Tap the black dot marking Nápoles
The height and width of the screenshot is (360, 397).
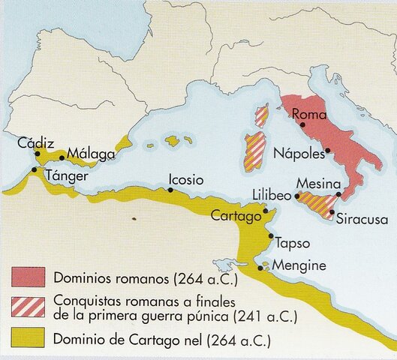pos(327,151)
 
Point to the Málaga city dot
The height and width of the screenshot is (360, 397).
pos(62,157)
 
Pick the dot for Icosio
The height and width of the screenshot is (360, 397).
pos(172,190)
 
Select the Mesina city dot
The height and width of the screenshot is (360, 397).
pos(339,194)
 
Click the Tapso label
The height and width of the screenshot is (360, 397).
pos(293,243)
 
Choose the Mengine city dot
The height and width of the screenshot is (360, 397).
pos(260,266)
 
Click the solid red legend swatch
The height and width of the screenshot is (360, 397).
pos(27,277)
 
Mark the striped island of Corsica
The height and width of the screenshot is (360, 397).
pos(262,116)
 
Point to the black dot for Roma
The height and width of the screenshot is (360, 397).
pos(302,125)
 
